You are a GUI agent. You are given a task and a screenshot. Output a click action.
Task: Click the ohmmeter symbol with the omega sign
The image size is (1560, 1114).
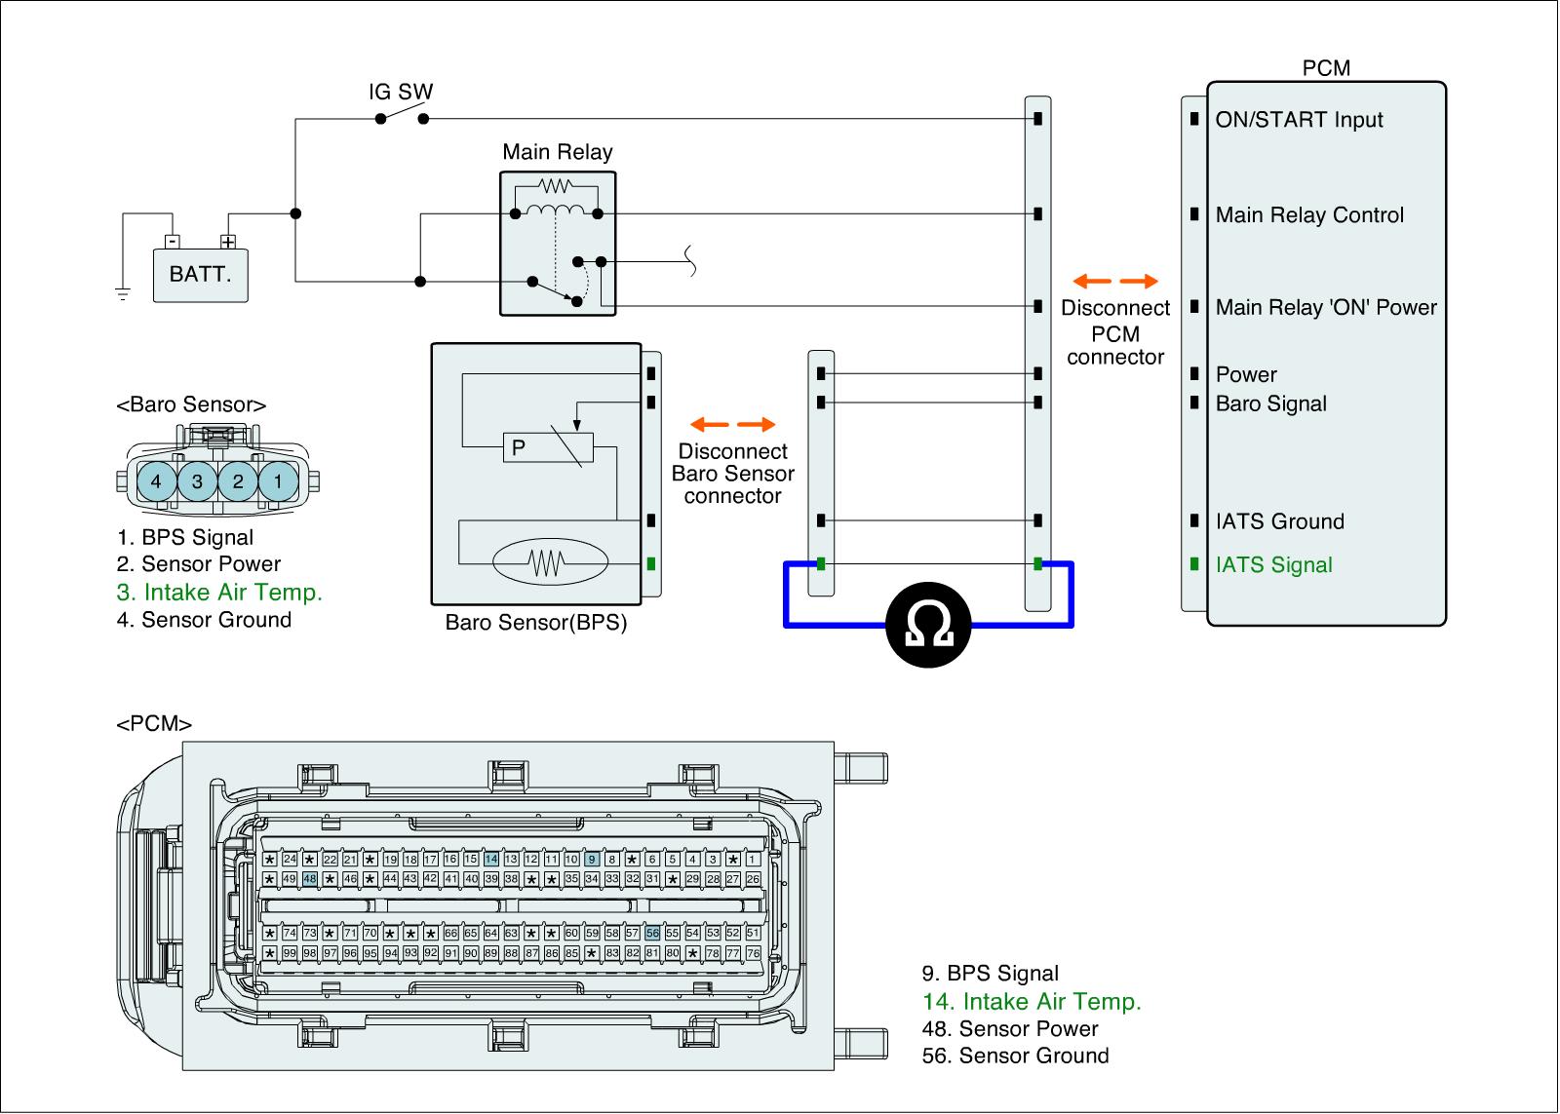click(927, 625)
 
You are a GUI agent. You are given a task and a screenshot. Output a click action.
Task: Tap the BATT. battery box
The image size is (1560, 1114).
click(201, 275)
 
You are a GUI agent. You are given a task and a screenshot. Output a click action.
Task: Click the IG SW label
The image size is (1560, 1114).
click(401, 92)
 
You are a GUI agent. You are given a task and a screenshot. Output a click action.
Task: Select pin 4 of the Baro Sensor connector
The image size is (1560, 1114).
click(157, 481)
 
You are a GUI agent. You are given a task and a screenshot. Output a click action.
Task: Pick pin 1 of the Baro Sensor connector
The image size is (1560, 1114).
click(279, 481)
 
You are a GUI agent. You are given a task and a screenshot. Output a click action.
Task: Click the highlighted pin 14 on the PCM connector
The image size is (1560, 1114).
click(491, 860)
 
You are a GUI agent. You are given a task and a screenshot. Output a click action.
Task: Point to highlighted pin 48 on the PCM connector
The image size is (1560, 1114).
click(310, 879)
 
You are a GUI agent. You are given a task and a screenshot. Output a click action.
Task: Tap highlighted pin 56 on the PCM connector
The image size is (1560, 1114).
click(652, 933)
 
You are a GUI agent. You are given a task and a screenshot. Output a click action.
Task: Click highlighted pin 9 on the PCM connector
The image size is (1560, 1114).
click(592, 860)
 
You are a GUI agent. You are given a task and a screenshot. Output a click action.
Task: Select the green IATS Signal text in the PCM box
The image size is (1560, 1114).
click(1273, 564)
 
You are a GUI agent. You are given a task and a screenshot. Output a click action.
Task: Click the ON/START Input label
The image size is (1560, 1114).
click(1299, 120)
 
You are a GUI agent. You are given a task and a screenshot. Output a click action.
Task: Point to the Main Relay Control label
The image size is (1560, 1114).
click(1309, 215)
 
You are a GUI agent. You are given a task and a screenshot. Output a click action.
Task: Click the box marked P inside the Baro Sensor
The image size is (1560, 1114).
click(548, 447)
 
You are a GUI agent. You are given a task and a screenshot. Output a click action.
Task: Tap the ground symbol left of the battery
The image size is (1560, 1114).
click(123, 293)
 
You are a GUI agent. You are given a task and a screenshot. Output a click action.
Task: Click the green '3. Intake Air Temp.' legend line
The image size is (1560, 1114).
click(219, 592)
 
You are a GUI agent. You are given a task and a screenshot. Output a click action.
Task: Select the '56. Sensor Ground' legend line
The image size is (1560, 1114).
click(1015, 1056)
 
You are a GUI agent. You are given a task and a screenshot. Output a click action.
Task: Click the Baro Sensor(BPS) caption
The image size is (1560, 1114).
click(536, 622)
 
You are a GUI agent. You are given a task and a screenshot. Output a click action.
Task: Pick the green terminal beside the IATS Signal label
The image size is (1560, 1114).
click(1194, 564)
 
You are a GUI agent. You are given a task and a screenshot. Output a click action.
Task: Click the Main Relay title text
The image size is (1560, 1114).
click(557, 152)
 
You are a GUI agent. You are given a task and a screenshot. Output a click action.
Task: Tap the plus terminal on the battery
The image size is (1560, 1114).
click(228, 242)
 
